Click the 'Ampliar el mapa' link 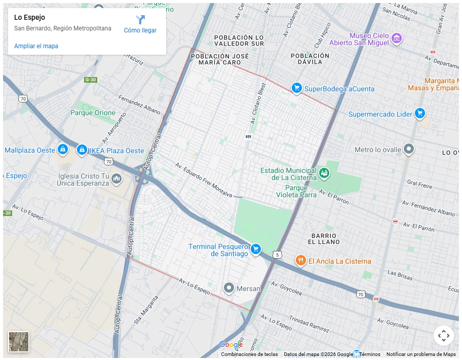tap(36, 46)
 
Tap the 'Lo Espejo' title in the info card tap(29, 17)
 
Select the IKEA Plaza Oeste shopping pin tap(82, 150)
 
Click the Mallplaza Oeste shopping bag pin tap(62, 150)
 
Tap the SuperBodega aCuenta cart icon tap(297, 88)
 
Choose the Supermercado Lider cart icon tap(419, 114)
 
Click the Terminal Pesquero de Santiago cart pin tap(256, 248)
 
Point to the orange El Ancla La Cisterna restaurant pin tap(300, 261)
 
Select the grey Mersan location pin tap(229, 288)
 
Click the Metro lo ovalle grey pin tap(409, 149)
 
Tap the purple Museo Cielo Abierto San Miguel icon tap(397, 39)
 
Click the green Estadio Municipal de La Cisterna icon tap(324, 174)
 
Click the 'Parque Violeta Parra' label tap(296, 191)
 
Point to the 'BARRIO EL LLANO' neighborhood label tap(324, 239)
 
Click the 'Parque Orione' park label tap(93, 113)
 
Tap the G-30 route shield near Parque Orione tap(90, 80)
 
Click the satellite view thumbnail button tap(19, 342)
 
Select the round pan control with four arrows tap(443, 336)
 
